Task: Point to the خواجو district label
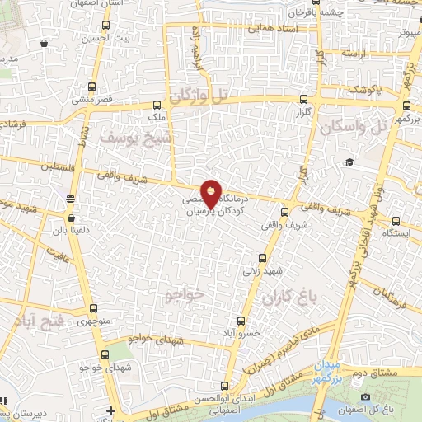[184, 294]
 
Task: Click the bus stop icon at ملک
[157, 105]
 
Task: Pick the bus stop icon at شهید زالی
[263, 257]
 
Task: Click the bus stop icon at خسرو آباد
[241, 320]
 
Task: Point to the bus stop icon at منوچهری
[91, 310]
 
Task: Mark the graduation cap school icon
[349, 162]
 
